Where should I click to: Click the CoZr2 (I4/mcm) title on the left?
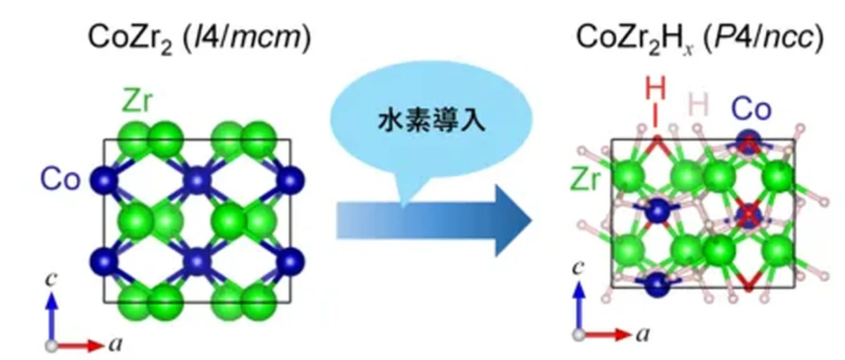(x=199, y=38)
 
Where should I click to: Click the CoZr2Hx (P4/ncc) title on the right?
(x=700, y=38)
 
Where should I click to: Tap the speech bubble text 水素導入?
(x=432, y=120)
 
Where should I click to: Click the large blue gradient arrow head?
(x=514, y=221)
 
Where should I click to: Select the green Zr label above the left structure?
(x=137, y=101)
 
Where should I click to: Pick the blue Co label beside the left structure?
(x=61, y=179)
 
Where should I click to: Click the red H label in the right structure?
(x=656, y=89)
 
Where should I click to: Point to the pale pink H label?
(x=699, y=104)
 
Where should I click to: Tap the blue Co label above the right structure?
(x=751, y=109)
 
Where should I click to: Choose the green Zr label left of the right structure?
(x=585, y=179)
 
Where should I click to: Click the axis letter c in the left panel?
(x=51, y=279)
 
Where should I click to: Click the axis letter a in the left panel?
(x=115, y=345)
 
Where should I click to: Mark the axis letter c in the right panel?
(x=578, y=268)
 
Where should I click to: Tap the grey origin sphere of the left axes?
(x=51, y=346)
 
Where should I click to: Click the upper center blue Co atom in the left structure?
(x=197, y=180)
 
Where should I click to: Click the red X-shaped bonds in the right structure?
(x=749, y=214)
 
